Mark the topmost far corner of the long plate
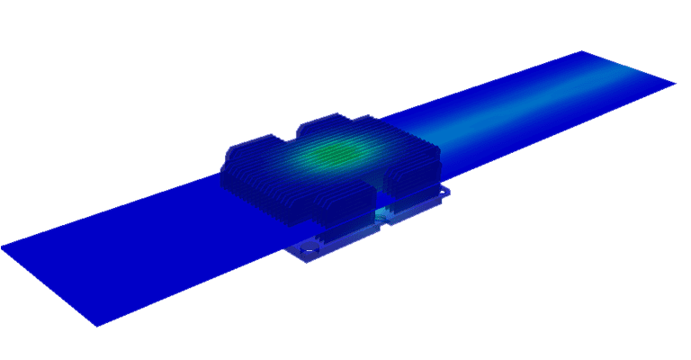(x=582, y=51)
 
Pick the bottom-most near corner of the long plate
(x=97, y=325)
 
